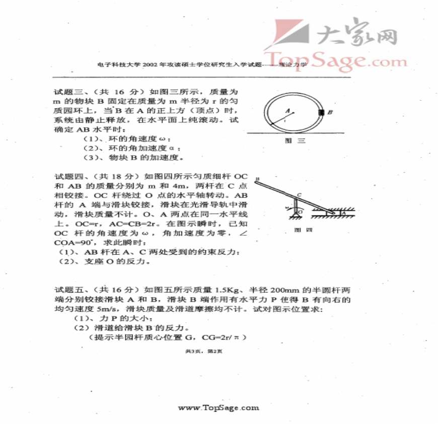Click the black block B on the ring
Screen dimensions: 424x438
point(321,112)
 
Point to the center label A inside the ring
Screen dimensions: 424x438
point(288,110)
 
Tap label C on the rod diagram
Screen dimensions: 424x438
point(299,194)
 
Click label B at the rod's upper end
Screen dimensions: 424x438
point(257,179)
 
